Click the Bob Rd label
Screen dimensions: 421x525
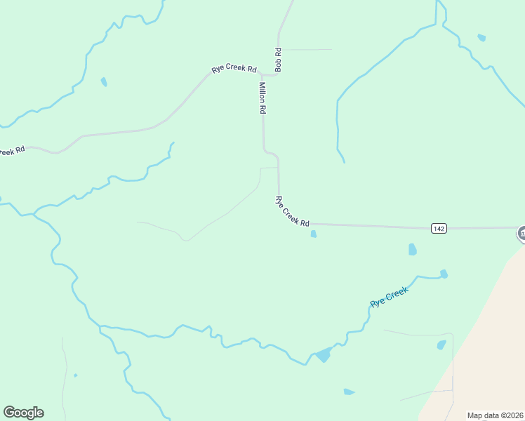tap(279, 60)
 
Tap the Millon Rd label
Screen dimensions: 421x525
tap(262, 98)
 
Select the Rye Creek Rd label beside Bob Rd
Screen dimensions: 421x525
tap(234, 69)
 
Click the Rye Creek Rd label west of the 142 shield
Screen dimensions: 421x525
tap(292, 211)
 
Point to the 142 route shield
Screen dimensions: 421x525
tap(439, 228)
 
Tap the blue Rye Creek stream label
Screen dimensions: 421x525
tap(389, 297)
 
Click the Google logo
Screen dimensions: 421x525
tap(23, 413)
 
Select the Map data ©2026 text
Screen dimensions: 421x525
tap(495, 415)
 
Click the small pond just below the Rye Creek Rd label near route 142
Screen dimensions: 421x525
tap(313, 234)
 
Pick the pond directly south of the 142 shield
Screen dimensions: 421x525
tap(413, 249)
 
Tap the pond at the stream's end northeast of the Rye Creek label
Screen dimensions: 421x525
tap(444, 274)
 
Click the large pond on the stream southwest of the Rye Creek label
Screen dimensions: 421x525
tap(323, 354)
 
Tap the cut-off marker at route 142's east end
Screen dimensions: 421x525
tap(521, 234)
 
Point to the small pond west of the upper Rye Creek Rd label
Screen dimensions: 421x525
tap(104, 82)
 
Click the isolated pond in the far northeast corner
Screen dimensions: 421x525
tap(481, 37)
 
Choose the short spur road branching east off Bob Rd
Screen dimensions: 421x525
tap(306, 50)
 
